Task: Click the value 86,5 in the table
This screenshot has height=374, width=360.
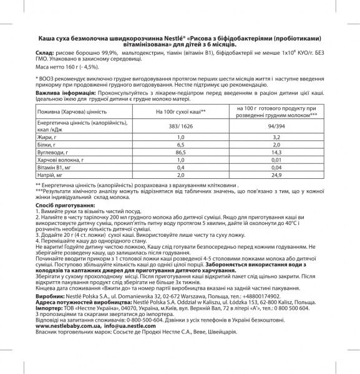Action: (180, 151)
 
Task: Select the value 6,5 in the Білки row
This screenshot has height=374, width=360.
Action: (180, 143)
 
